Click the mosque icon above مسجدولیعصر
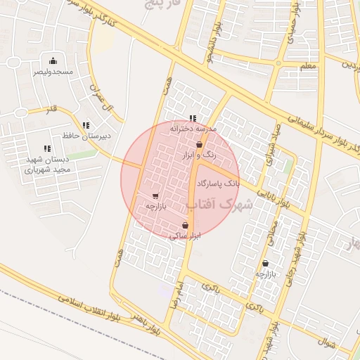coord(53,61)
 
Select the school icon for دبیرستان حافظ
coord(86,125)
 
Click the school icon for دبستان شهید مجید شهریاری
coord(47,148)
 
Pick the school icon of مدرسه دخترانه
coord(193,118)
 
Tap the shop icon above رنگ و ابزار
coord(200,144)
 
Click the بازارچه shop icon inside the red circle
coord(155,196)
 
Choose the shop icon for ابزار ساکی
coord(185,226)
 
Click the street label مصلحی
coord(273,232)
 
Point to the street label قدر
coord(52,110)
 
